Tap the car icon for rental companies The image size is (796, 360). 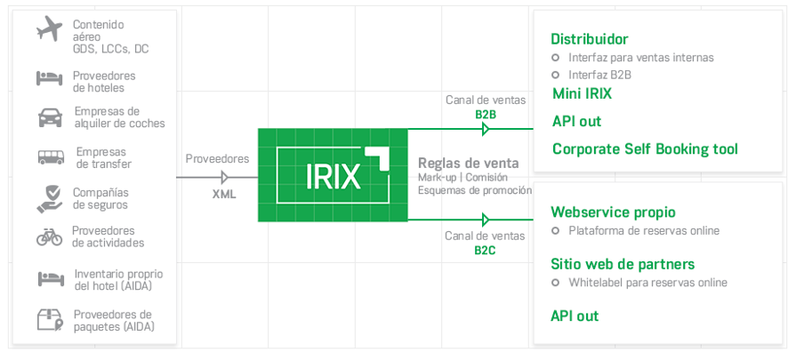(50, 117)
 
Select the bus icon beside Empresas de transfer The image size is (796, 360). (50, 157)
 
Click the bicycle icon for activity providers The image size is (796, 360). (49, 236)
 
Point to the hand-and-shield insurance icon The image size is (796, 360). (50, 197)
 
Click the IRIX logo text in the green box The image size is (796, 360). (333, 176)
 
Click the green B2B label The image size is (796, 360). (486, 114)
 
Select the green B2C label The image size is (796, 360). (485, 250)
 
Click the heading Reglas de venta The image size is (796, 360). (468, 164)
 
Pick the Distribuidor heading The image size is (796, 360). (590, 39)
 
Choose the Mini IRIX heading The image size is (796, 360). (582, 93)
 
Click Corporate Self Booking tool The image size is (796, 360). (645, 148)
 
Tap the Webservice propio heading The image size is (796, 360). (613, 212)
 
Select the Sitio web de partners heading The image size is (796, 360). (623, 264)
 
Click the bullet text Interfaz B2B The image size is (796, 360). (599, 75)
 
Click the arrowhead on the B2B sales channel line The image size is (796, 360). (485, 130)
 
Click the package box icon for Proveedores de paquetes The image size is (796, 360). (49, 319)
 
